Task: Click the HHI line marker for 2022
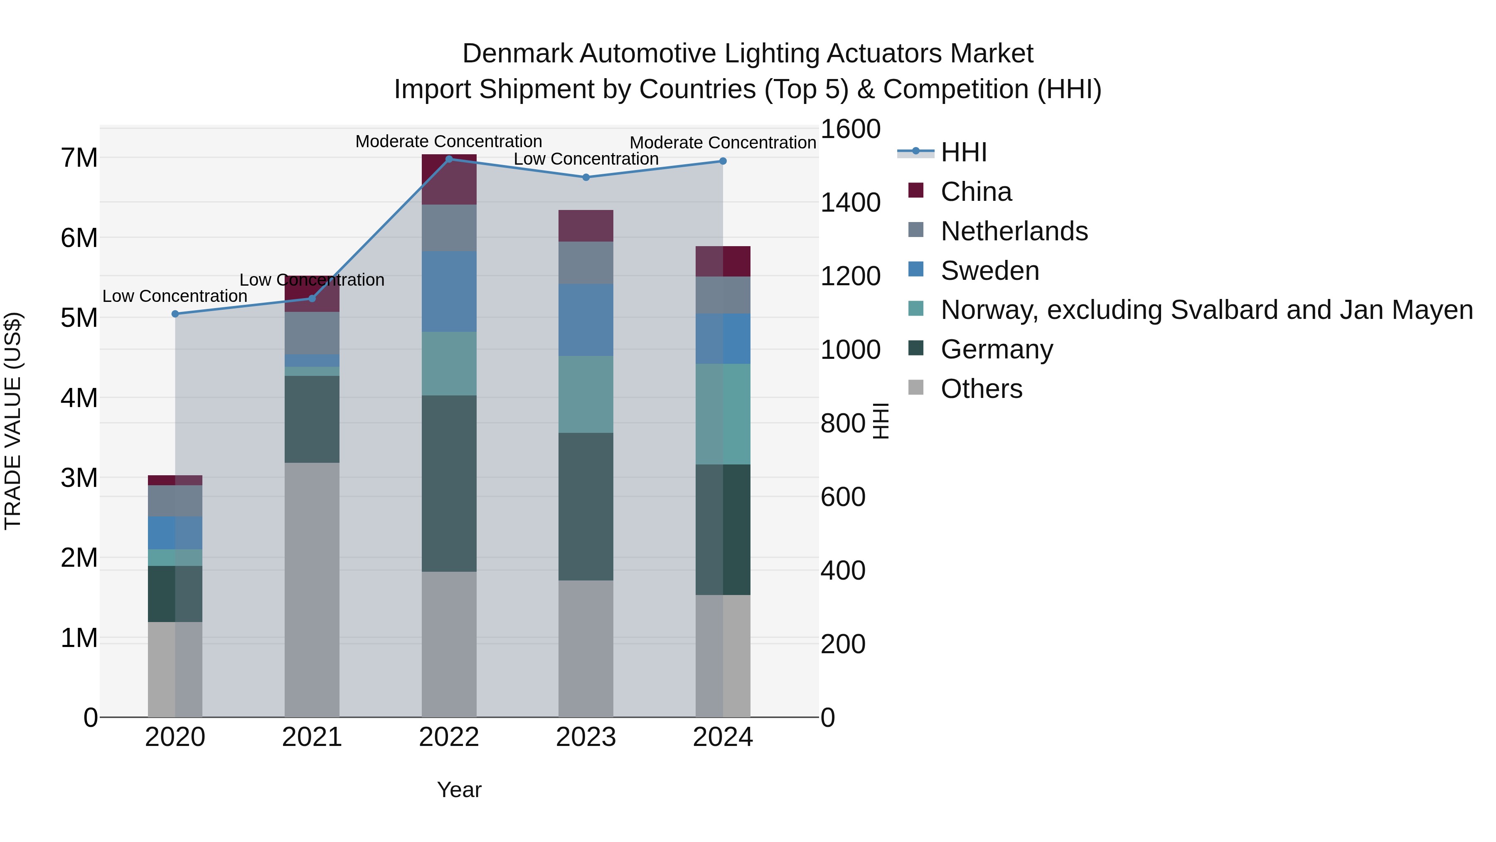(449, 159)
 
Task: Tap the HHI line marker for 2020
(175, 314)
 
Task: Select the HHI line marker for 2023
(586, 177)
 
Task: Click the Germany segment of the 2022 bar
(449, 484)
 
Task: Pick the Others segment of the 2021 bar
(312, 590)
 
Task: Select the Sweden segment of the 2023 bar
(586, 320)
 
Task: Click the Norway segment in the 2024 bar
(723, 414)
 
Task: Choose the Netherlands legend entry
(1014, 231)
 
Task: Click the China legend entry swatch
(916, 190)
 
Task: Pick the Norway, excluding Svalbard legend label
(1207, 310)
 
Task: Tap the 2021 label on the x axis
(312, 737)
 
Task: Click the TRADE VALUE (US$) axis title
(13, 421)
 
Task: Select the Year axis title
(459, 790)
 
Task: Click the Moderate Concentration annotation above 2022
(448, 141)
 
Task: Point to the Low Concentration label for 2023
(586, 159)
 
